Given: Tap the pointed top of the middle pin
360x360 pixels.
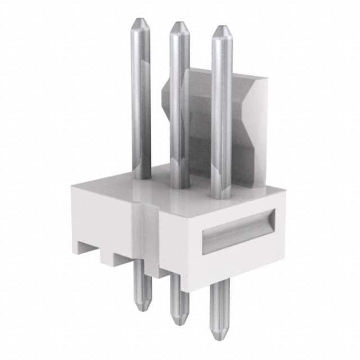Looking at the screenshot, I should pos(179,24).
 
